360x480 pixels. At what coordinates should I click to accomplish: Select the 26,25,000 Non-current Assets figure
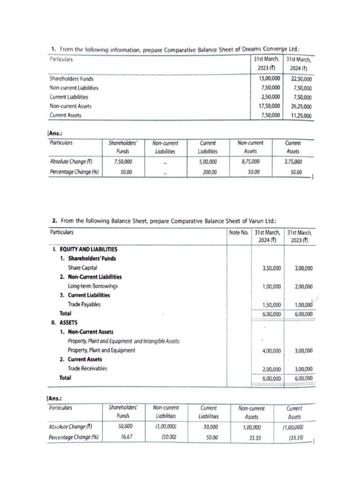(300, 106)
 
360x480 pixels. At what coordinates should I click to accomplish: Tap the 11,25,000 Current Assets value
(300, 116)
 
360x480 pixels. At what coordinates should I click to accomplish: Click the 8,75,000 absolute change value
(250, 162)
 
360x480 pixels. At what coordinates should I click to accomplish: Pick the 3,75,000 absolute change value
(293, 162)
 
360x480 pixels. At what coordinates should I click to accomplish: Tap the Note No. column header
(238, 232)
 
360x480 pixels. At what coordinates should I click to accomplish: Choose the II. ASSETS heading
(66, 322)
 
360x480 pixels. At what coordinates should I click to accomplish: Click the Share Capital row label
(82, 268)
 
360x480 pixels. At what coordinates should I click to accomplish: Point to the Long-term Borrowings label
(93, 286)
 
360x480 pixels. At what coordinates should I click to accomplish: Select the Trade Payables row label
(84, 304)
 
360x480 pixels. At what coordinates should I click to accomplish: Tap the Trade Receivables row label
(87, 368)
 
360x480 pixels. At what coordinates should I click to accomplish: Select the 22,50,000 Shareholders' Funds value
(300, 79)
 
